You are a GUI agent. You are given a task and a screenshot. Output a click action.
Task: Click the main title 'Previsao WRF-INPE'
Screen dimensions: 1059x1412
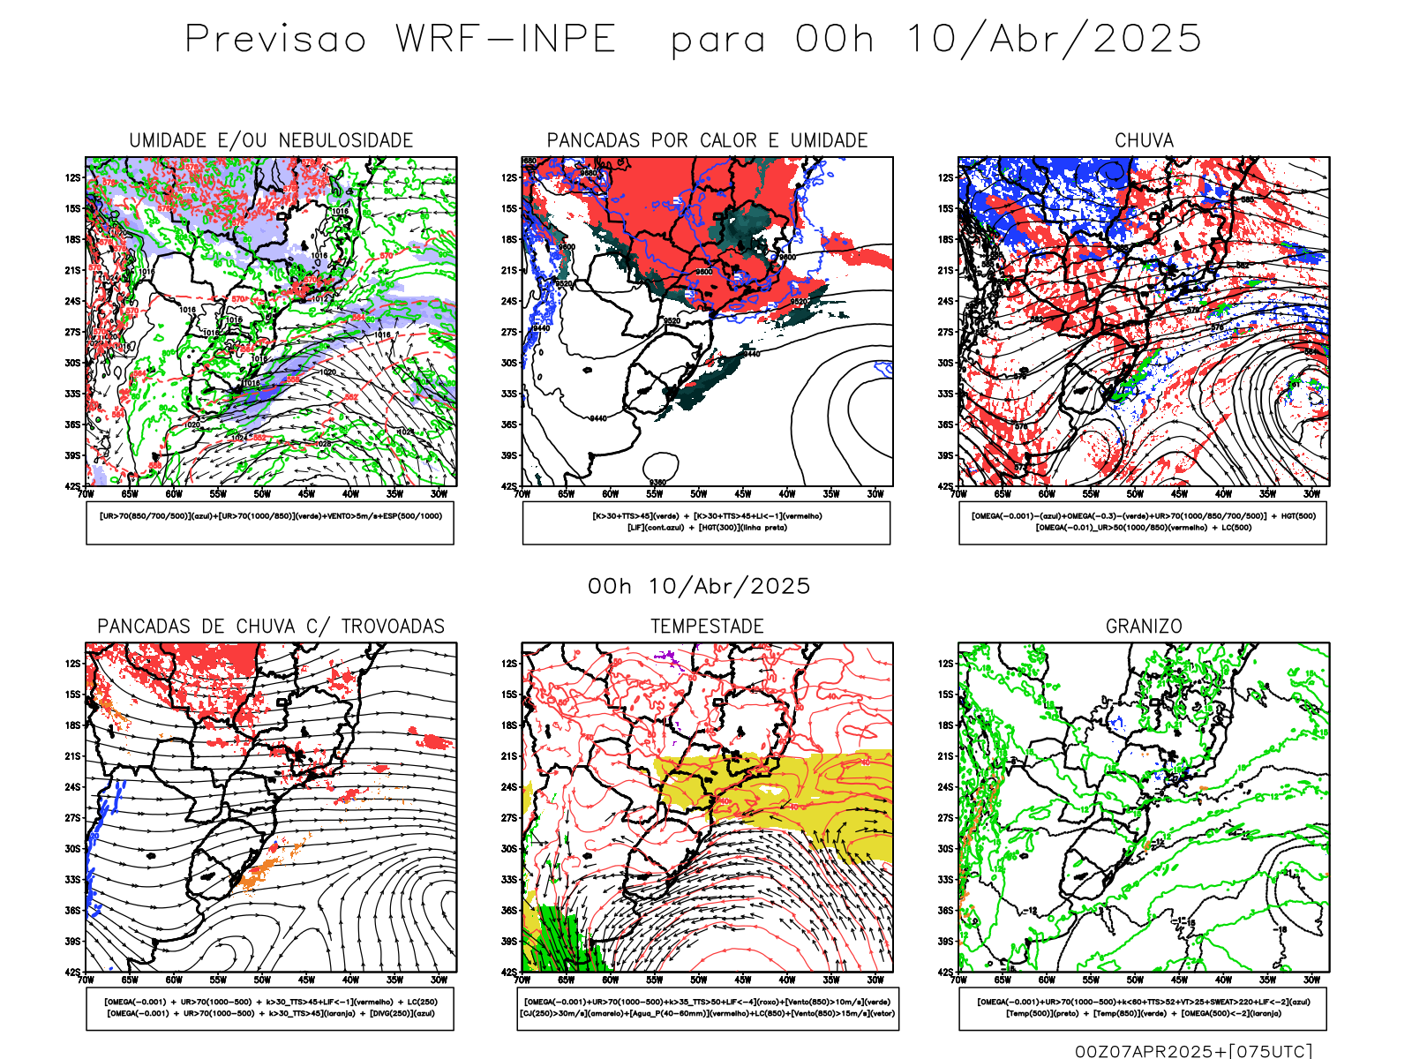pyautogui.click(x=401, y=40)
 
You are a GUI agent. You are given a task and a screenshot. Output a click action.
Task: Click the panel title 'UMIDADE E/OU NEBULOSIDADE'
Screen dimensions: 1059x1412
pyautogui.click(x=271, y=140)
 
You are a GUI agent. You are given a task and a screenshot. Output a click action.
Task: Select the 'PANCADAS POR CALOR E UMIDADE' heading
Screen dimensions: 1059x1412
pyautogui.click(x=707, y=140)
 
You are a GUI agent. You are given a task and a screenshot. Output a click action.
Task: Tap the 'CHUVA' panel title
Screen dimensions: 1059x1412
pyautogui.click(x=1144, y=140)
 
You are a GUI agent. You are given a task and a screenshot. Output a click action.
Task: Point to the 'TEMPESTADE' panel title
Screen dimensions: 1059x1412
pyautogui.click(x=707, y=627)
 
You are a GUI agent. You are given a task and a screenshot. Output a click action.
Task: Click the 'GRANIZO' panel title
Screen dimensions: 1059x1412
pyautogui.click(x=1144, y=627)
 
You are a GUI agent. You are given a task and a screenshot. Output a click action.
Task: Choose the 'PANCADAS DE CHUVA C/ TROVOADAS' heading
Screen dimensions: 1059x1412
pyautogui.click(x=271, y=627)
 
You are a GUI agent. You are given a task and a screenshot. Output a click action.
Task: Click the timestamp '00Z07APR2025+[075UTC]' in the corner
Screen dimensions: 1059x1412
pyautogui.click(x=1193, y=1050)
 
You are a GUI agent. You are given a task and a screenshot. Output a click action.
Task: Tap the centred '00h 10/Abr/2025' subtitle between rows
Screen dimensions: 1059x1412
pyautogui.click(x=699, y=586)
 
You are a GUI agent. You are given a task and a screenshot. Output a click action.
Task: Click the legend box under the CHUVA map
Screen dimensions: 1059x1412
pyautogui.click(x=1143, y=522)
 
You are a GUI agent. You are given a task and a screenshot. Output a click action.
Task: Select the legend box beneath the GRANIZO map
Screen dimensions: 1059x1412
pyautogui.click(x=1143, y=1008)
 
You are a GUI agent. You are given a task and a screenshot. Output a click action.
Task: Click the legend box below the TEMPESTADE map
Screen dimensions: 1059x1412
pyautogui.click(x=708, y=1008)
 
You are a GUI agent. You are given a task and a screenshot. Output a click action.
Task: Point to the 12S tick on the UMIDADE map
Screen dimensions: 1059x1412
pyautogui.click(x=72, y=177)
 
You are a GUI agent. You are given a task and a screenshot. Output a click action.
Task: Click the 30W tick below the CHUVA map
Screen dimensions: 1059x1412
pyautogui.click(x=1311, y=494)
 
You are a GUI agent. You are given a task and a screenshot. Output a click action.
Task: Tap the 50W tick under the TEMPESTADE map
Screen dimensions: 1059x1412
pyautogui.click(x=698, y=980)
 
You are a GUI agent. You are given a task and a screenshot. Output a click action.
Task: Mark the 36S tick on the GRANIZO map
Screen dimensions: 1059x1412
pyautogui.click(x=945, y=911)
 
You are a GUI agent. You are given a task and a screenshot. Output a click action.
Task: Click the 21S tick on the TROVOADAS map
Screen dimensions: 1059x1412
pyautogui.click(x=72, y=756)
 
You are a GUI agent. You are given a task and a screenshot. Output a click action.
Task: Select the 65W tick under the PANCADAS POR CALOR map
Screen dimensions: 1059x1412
pyautogui.click(x=566, y=494)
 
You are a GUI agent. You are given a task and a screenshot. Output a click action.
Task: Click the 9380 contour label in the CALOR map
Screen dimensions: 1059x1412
pyautogui.click(x=657, y=482)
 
